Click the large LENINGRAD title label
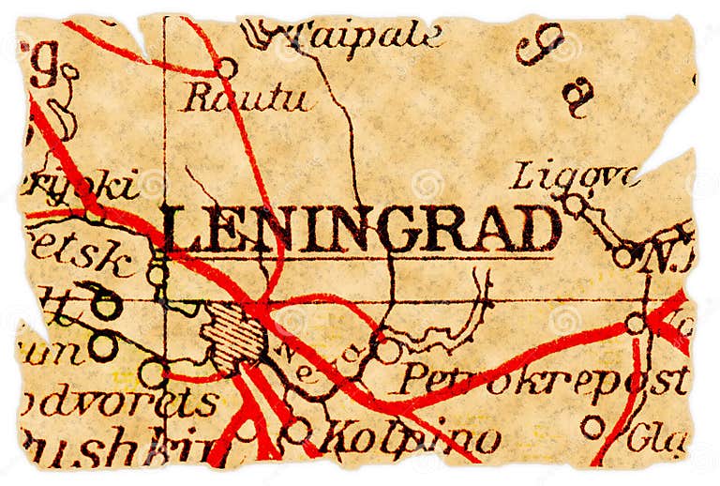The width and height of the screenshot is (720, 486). (x=361, y=228)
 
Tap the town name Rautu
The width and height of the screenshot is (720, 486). (x=245, y=97)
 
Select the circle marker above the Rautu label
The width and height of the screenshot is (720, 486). (x=226, y=68)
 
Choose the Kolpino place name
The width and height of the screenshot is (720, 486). (x=408, y=436)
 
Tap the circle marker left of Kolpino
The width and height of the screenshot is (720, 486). (x=297, y=431)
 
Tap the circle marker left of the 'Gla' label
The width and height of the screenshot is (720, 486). (x=592, y=427)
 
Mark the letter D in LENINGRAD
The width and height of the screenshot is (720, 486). (x=541, y=229)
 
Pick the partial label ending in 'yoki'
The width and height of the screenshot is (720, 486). (x=80, y=185)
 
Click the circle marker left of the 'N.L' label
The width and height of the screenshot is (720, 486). (x=623, y=255)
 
